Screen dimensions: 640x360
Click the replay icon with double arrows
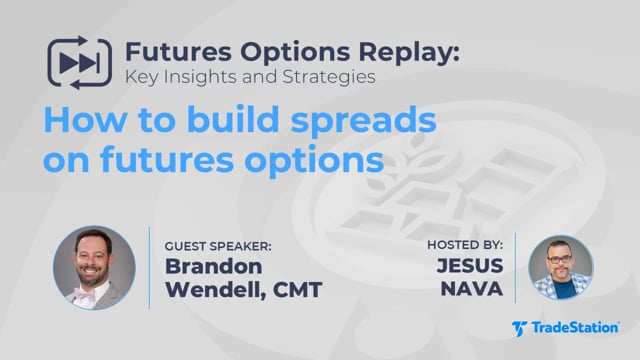click(80, 62)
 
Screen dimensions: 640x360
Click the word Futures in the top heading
click(179, 52)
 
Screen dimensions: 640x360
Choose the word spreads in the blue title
click(364, 121)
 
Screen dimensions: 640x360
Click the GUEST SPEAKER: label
click(218, 247)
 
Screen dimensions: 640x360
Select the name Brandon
click(213, 266)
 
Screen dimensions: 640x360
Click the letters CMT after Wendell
click(298, 290)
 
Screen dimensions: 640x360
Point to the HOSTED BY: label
click(465, 245)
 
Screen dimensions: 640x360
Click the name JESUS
click(470, 265)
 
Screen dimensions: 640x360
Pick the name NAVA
click(472, 289)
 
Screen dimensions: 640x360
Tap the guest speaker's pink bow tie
click(85, 294)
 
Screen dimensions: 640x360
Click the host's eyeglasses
click(559, 259)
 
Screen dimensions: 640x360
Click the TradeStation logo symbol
click(519, 328)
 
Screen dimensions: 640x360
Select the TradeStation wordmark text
click(575, 328)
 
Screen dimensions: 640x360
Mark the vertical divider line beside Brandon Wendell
click(149, 268)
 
